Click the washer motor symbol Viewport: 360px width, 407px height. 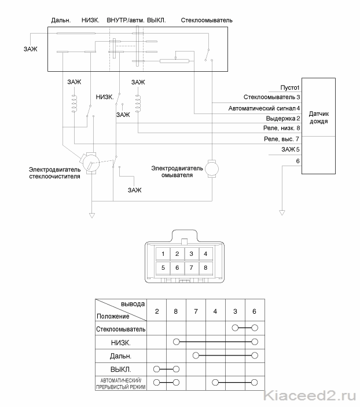click(212, 168)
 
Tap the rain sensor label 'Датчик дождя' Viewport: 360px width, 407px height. click(319, 118)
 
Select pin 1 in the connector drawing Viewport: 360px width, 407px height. click(163, 254)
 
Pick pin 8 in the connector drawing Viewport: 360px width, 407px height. click(205, 267)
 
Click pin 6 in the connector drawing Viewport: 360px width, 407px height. click(177, 267)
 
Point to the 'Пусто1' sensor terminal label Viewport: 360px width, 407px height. click(289, 88)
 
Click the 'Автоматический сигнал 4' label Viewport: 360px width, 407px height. click(264, 108)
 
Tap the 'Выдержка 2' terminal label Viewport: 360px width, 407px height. click(283, 118)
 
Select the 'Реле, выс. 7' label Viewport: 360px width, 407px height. click(282, 139)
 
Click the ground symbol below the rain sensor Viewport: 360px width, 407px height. click(282, 212)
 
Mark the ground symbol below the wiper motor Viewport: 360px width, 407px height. click(92, 215)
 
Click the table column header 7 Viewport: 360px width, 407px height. click(196, 311)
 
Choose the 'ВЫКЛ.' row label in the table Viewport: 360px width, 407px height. click(121, 369)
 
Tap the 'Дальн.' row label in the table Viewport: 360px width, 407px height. click(121, 356)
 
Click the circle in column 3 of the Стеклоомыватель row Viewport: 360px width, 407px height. click(235, 328)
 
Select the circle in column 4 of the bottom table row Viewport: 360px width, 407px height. click(215, 382)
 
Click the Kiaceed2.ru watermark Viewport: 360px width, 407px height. click(310, 396)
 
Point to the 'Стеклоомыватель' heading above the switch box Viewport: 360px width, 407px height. click(207, 20)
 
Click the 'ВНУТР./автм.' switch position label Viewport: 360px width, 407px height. click(126, 20)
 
